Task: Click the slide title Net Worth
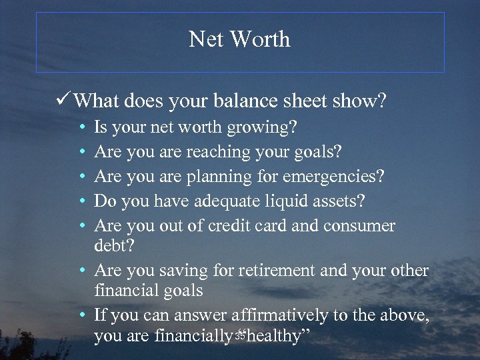[239, 39]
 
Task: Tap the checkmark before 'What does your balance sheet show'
[65, 101]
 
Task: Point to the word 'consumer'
[359, 226]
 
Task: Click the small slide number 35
[240, 335]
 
